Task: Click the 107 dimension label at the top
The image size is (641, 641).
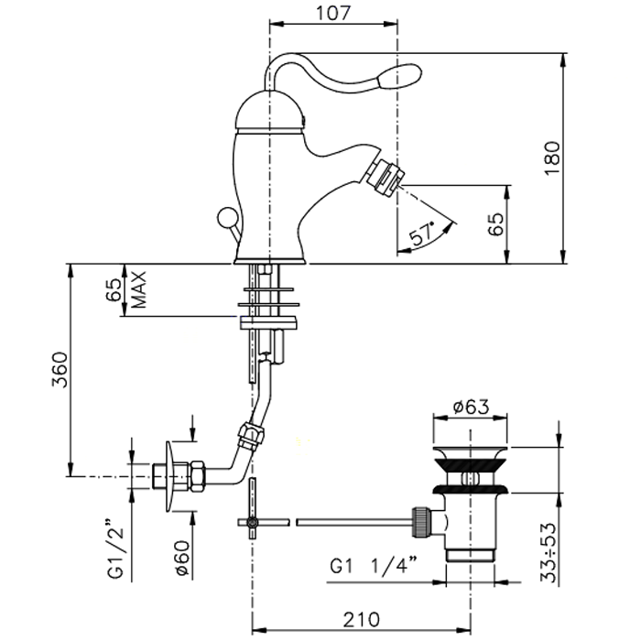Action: [333, 13]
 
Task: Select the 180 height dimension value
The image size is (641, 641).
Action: [552, 158]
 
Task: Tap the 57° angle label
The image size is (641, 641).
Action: [423, 234]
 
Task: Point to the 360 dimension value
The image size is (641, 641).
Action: [60, 370]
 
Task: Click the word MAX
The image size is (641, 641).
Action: [138, 290]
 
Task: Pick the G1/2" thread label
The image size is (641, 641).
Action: [115, 549]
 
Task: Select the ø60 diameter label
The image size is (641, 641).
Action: [183, 559]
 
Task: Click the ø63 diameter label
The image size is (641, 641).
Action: [471, 407]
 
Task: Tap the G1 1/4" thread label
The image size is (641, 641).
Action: [374, 567]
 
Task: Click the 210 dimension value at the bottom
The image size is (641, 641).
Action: [361, 620]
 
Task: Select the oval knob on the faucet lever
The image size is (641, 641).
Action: [400, 75]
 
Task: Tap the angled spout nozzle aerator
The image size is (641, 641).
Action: [384, 174]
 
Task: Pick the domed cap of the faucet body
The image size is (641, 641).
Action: [270, 110]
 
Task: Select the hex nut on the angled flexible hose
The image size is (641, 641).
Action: [251, 436]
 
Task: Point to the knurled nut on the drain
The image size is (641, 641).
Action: [421, 522]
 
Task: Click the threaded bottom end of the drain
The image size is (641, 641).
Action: [470, 556]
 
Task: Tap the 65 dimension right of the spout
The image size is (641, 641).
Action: [496, 224]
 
